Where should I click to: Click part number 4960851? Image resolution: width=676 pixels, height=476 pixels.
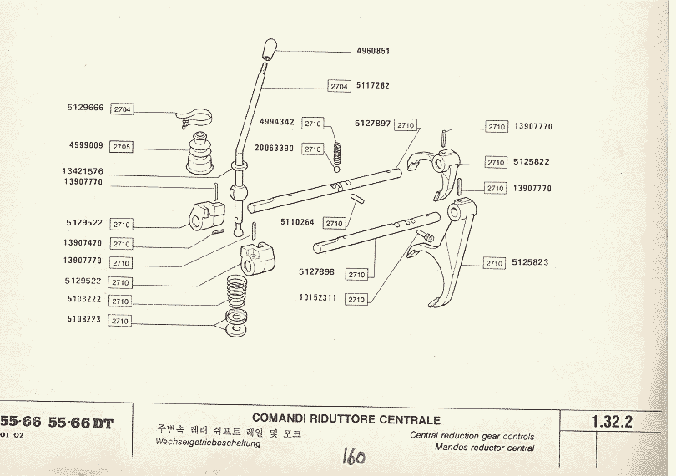(373, 51)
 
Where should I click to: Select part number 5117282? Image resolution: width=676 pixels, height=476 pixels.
(373, 85)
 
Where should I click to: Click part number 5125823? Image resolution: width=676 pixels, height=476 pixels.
(531, 262)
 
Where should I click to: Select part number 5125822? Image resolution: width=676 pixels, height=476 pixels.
(531, 162)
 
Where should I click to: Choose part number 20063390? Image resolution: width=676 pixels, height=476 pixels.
(275, 148)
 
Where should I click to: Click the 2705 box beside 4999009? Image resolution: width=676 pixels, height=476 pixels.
(122, 147)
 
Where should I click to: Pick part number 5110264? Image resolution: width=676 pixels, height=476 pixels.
(298, 222)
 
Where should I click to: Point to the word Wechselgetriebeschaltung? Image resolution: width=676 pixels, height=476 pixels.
(208, 443)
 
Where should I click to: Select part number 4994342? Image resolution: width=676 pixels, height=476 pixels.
(276, 122)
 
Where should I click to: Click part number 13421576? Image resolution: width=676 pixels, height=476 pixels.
(83, 170)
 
